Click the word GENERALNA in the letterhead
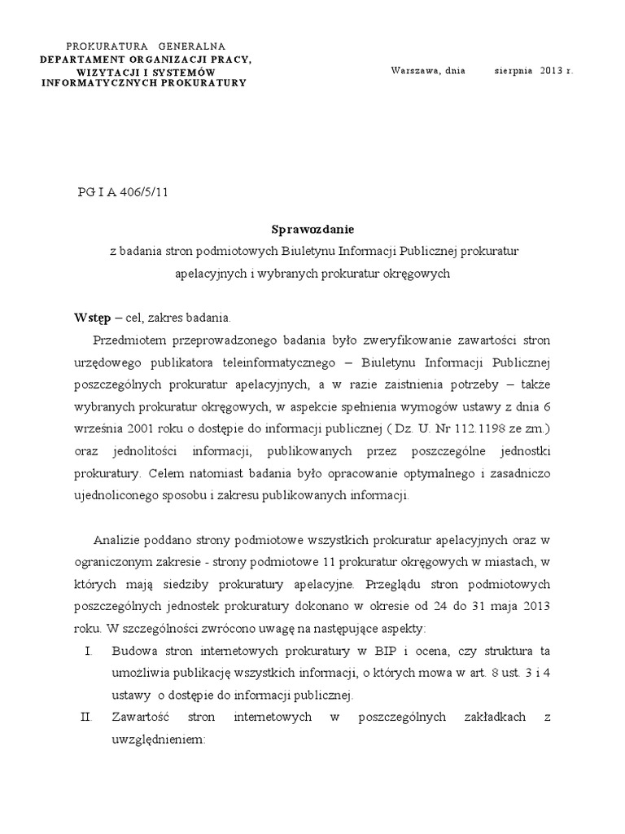tap(193, 46)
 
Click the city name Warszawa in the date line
tap(415, 71)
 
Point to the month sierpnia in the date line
tap(514, 71)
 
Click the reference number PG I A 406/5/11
tap(122, 192)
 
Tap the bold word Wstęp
tap(92, 318)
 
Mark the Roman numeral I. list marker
tap(90, 652)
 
